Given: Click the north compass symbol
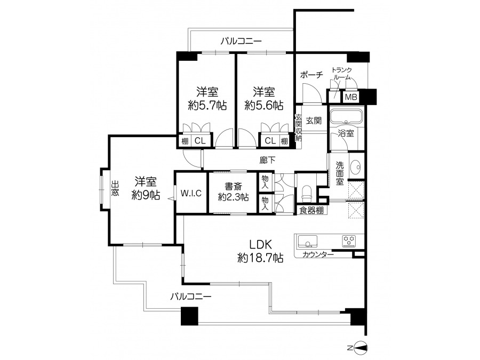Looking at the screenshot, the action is (x=360, y=348).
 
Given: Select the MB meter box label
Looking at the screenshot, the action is (x=351, y=97).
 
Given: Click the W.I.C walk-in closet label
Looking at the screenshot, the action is (x=191, y=193).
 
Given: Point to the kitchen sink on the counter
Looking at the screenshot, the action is (x=307, y=241).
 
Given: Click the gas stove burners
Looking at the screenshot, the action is (x=349, y=241).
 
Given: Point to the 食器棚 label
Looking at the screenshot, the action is (x=311, y=210).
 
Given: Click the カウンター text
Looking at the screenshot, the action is (x=318, y=254).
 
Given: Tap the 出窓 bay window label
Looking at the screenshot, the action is (x=115, y=188).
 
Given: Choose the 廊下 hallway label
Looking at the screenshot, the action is (x=267, y=160).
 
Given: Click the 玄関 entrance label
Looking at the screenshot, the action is (x=314, y=121).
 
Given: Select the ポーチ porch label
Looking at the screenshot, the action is (x=311, y=75).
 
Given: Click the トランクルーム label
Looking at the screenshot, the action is (x=341, y=74).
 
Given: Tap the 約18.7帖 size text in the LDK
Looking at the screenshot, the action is (x=260, y=258).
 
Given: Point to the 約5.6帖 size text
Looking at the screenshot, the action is (x=264, y=106).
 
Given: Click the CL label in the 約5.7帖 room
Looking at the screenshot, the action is (x=200, y=141).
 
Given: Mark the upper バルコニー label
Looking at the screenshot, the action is (x=241, y=41).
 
